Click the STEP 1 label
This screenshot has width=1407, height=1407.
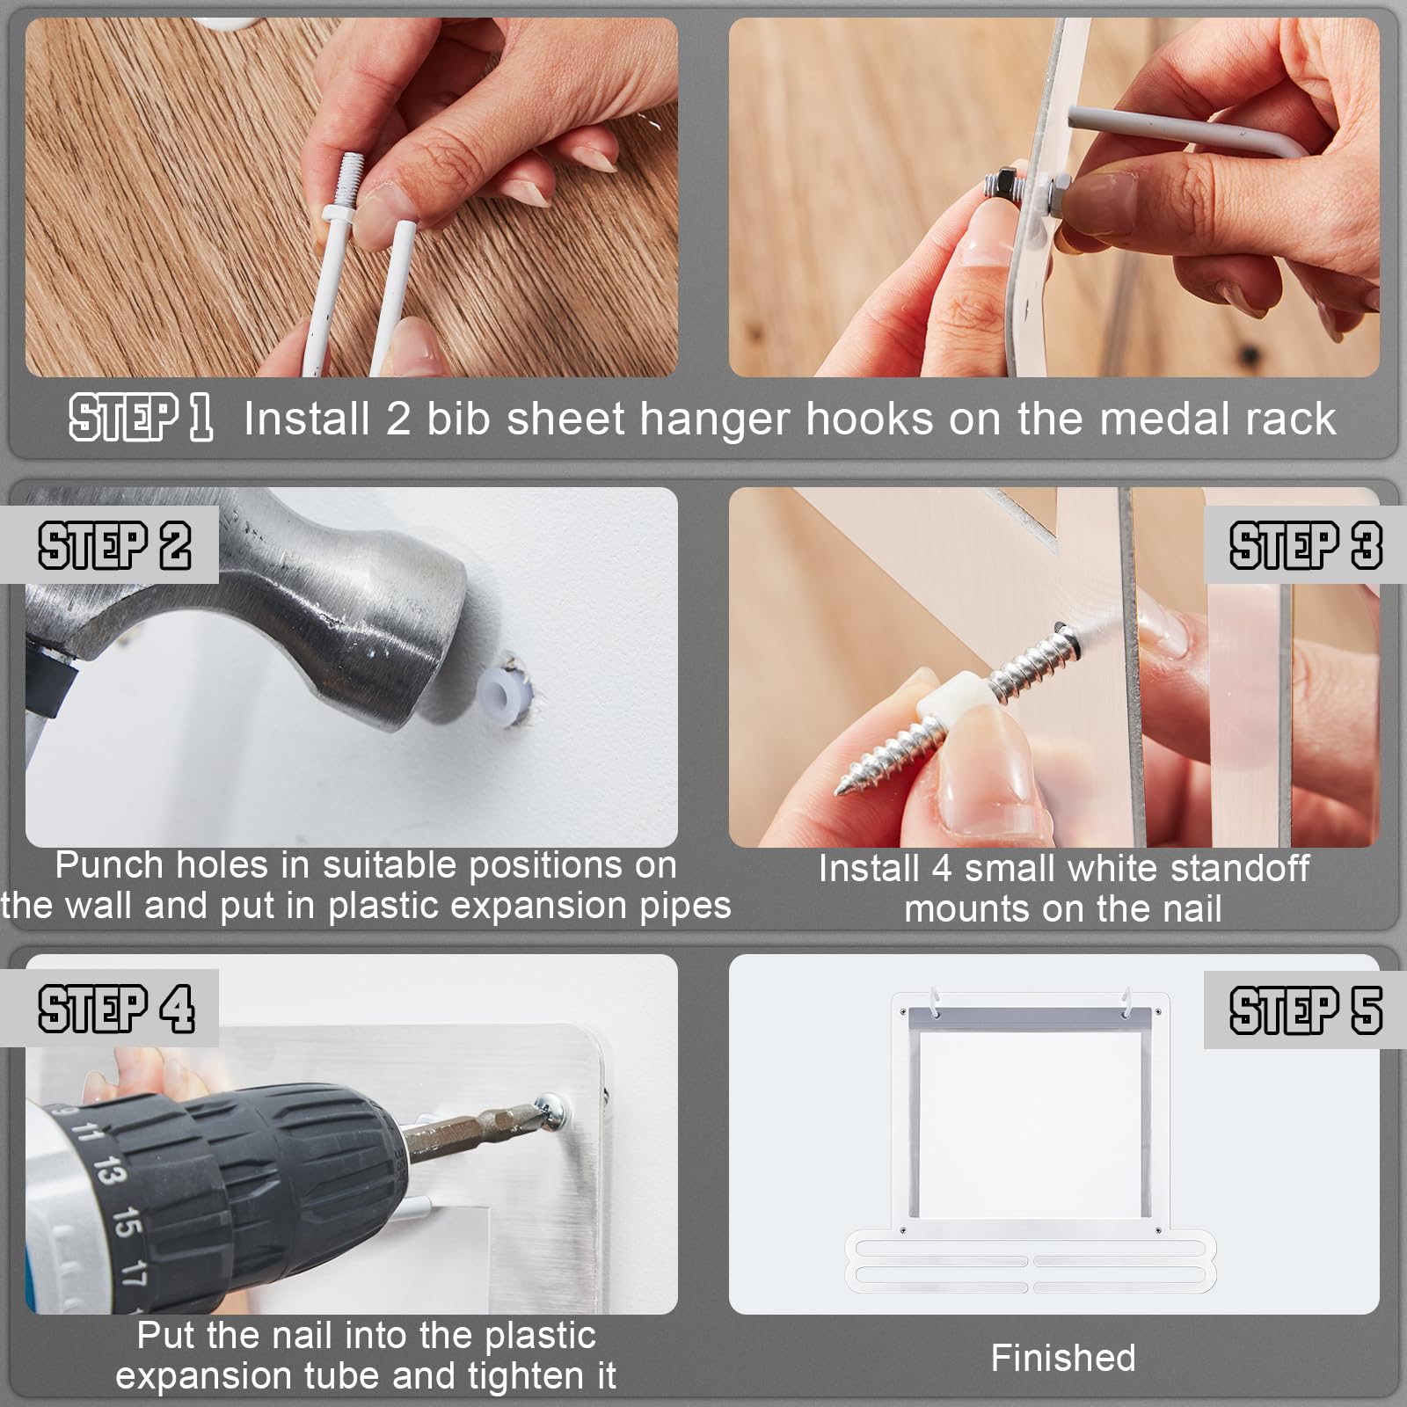pos(141,417)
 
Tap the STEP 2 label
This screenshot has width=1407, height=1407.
pos(114,545)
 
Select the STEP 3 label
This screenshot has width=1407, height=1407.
pos(1305,545)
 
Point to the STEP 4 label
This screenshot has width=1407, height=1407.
pos(116,1009)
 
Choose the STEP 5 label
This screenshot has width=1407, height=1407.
pos(1305,1010)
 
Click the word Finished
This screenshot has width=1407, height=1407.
pos(1063,1358)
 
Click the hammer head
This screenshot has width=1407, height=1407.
pos(264,616)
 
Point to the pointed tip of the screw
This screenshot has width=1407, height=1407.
pos(838,785)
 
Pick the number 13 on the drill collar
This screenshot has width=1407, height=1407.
pos(108,1171)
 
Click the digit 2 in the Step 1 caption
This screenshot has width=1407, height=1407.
pos(398,419)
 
